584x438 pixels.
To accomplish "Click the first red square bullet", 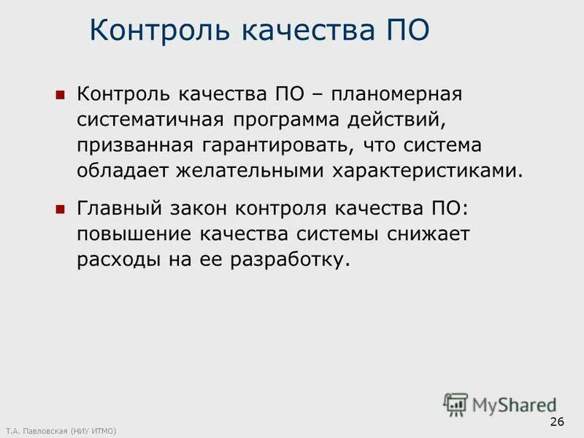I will pos(61,96).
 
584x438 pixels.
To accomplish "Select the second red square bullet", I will pos(61,209).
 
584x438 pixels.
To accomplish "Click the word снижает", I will pos(429,234).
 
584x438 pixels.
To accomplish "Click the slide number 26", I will pos(557,423).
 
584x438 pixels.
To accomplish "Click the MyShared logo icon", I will pos(456,404).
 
